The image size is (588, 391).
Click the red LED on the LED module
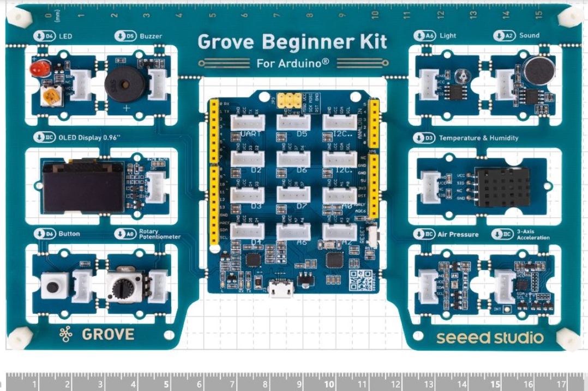pos(40,69)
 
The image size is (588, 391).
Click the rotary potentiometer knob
pos(124,284)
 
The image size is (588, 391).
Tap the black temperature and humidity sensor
pos(502,187)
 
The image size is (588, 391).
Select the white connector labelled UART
pos(248,123)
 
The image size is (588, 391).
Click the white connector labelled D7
pos(293,195)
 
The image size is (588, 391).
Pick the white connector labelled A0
pos(339,195)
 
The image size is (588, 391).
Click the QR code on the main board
pos(361,280)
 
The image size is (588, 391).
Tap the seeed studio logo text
pos(490,338)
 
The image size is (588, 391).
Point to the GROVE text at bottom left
pos(107,334)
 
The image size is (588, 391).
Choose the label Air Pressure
pos(458,234)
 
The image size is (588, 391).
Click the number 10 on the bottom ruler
pos(329,384)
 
